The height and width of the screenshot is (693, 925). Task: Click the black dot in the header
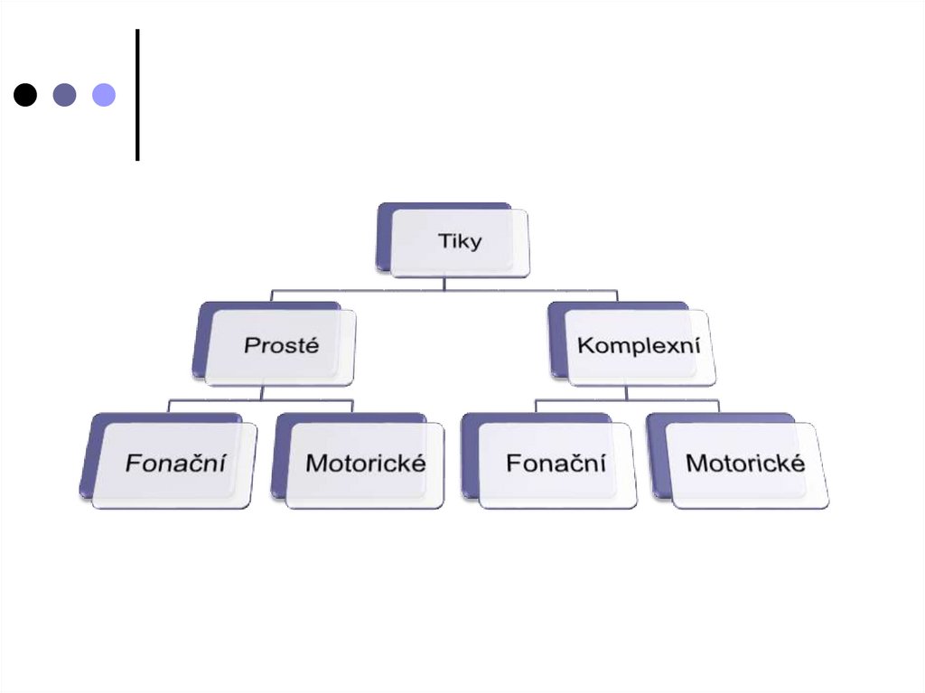25,95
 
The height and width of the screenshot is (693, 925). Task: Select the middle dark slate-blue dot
64,95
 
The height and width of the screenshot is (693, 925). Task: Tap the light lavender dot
104,95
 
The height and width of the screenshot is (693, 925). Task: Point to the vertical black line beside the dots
137,95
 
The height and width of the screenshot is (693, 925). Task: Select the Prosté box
280,345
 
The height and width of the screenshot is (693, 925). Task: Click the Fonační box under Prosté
174,464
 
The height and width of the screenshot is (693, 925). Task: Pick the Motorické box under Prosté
365,464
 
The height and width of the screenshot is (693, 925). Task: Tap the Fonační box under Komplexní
556,464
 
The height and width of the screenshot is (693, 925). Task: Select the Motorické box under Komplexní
745,464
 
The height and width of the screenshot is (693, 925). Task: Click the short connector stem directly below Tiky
444,284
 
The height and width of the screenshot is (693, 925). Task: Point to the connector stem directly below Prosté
262,392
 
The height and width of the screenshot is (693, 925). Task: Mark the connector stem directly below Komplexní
626,393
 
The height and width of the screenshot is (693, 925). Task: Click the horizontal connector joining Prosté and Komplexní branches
361,291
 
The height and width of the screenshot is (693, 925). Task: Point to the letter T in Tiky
443,241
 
